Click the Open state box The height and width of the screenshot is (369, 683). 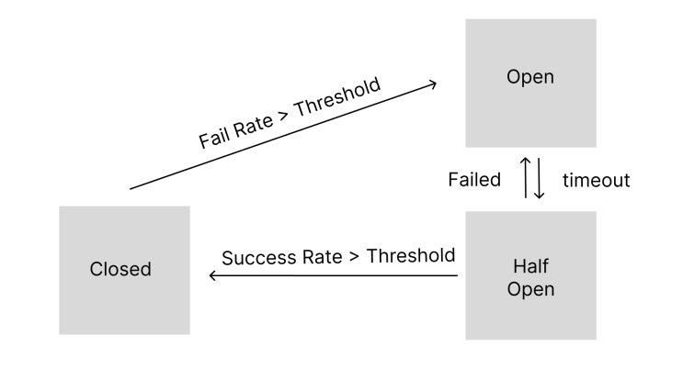coord(530,84)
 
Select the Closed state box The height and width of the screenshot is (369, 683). coord(125,270)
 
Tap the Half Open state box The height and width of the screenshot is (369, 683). coord(530,275)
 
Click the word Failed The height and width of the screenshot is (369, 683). coord(474,180)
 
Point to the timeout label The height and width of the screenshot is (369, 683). coord(596,180)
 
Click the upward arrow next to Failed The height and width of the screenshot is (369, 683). coord(526,177)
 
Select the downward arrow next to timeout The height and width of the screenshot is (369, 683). coord(540,178)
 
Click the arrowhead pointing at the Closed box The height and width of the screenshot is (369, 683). coord(213,275)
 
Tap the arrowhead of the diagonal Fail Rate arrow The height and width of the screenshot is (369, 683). coord(432,84)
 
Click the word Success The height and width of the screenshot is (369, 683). coord(258,258)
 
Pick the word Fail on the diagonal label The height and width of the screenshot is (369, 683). coord(212,139)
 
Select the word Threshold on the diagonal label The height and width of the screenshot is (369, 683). coord(338,97)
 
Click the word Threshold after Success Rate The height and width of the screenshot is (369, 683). coord(411,256)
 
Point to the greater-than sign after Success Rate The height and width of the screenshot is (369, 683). coord(354,257)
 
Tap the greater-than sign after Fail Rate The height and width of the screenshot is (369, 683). coord(283,116)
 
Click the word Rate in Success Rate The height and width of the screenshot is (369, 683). coord(323,257)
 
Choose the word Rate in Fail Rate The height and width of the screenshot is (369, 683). coord(253,126)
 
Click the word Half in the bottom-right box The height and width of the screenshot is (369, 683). coord(530,266)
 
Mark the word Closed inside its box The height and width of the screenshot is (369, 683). coord(120,269)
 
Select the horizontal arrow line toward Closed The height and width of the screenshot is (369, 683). coord(333,275)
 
